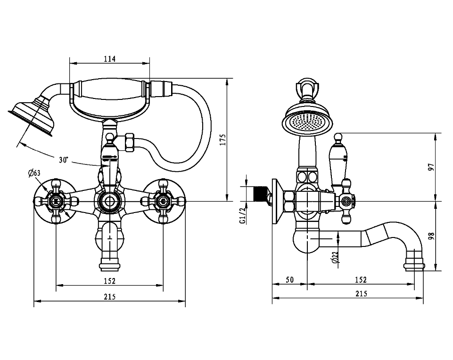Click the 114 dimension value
[x=110, y=59]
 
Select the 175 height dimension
[x=223, y=140]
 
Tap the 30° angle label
[x=64, y=160]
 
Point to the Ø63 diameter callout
[x=34, y=173]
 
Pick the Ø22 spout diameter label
[x=335, y=257]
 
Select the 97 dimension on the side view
[x=431, y=167]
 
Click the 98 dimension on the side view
[x=431, y=236]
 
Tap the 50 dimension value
[x=289, y=280]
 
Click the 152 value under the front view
[x=109, y=281]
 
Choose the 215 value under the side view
[x=361, y=294]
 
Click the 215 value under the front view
[x=109, y=297]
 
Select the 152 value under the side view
[x=361, y=280]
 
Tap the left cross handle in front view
[x=57, y=201]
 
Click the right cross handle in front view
[x=163, y=201]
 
